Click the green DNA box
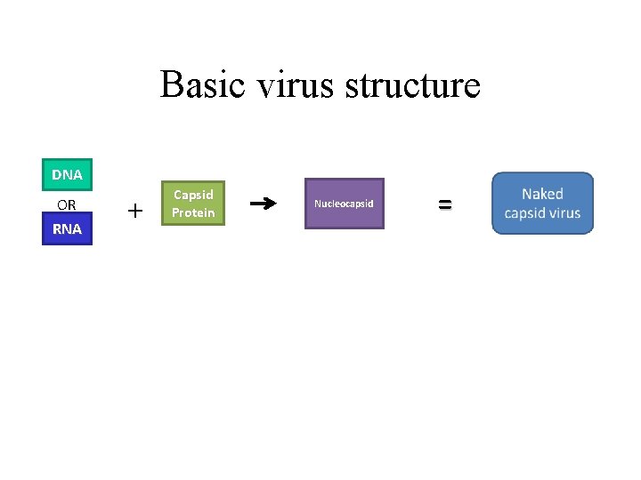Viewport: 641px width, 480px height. tap(67, 174)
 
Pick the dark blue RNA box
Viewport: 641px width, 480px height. tap(67, 228)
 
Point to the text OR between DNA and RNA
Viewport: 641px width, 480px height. tap(67, 204)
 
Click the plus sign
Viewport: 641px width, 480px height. tap(134, 211)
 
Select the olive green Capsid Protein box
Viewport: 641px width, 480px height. tap(193, 203)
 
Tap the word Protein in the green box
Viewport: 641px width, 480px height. tap(193, 212)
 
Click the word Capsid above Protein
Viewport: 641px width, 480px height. tap(193, 194)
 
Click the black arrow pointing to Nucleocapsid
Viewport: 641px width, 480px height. tap(262, 204)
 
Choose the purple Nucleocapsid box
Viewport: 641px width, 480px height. tap(344, 204)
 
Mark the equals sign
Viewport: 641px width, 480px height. tap(444, 204)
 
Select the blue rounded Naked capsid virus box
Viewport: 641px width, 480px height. tap(542, 203)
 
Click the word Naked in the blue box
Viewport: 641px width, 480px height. tap(542, 194)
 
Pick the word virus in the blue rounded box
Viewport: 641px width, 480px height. tap(565, 213)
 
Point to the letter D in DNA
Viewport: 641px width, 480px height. tap(57, 174)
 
